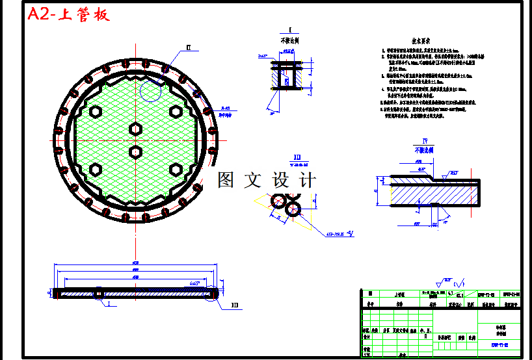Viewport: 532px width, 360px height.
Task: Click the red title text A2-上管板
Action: pyautogui.click(x=69, y=15)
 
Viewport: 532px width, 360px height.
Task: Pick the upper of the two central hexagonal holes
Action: pyautogui.click(x=135, y=129)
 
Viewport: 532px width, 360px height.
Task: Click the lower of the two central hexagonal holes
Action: pyautogui.click(x=135, y=152)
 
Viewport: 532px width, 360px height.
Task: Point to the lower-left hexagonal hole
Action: pyautogui.click(x=96, y=170)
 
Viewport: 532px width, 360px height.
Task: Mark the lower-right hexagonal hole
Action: pyautogui.click(x=175, y=170)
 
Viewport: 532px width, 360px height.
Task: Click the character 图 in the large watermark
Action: pyautogui.click(x=226, y=180)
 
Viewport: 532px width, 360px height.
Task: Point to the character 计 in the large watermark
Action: pyautogui.click(x=306, y=180)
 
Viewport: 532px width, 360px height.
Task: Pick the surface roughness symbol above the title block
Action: pyautogui.click(x=446, y=283)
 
